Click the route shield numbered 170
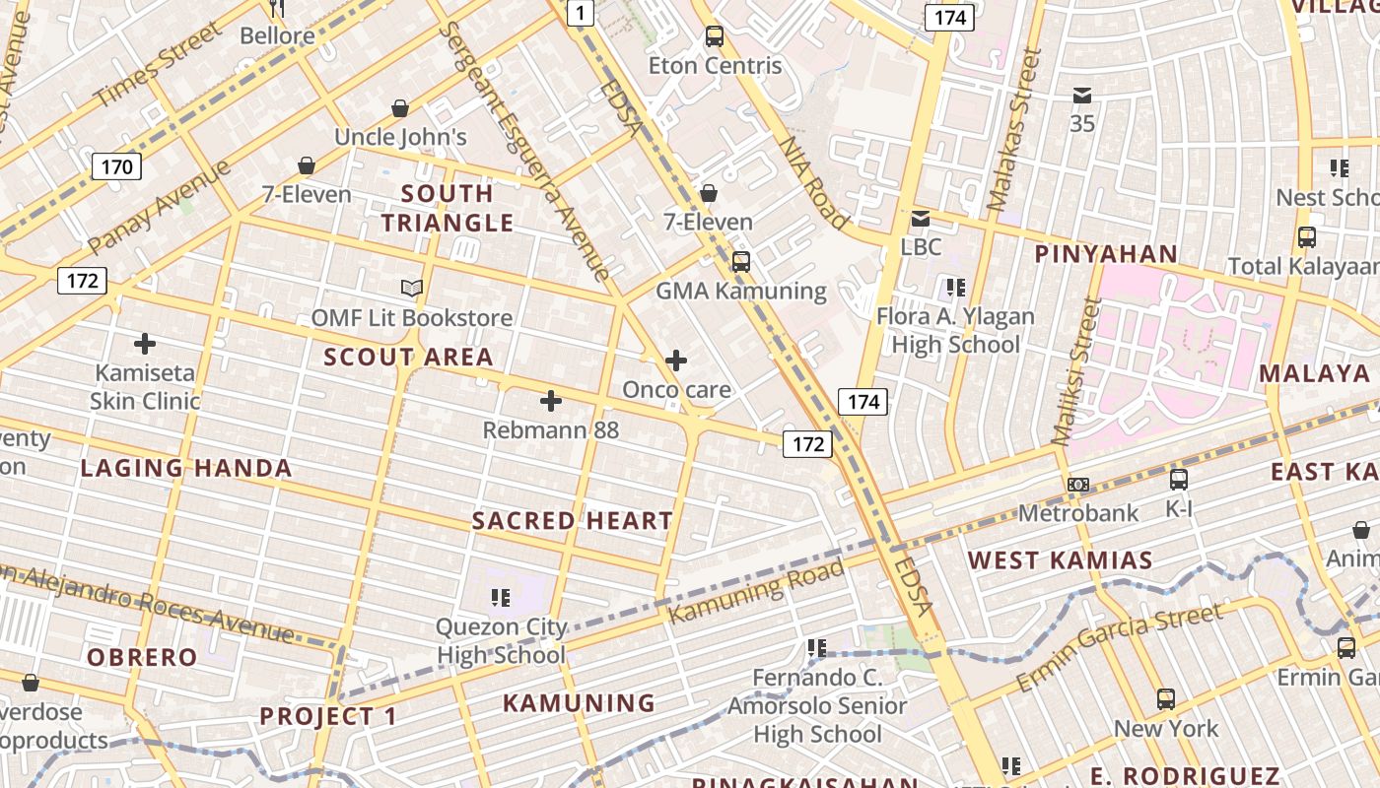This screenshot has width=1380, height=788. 116,166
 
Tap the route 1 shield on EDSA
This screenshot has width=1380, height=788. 582,12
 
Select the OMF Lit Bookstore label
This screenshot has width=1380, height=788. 412,318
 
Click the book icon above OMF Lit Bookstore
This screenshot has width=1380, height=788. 412,289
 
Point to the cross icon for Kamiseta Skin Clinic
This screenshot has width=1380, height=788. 145,344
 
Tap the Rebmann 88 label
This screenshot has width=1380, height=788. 550,430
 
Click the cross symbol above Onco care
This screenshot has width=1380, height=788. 676,361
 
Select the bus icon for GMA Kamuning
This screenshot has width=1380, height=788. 741,262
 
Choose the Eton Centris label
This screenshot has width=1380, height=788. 715,66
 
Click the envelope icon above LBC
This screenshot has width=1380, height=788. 920,219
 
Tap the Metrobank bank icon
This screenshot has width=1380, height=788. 1078,485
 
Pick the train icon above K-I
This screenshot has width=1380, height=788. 1179,480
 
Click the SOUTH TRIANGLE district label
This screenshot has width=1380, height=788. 448,208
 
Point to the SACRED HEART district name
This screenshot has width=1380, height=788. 573,520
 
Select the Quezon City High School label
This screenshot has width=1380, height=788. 502,640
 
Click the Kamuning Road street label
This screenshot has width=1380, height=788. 757,591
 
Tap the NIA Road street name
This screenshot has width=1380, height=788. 813,182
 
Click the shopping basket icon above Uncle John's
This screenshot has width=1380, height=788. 400,107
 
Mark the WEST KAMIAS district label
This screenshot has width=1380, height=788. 1060,560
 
